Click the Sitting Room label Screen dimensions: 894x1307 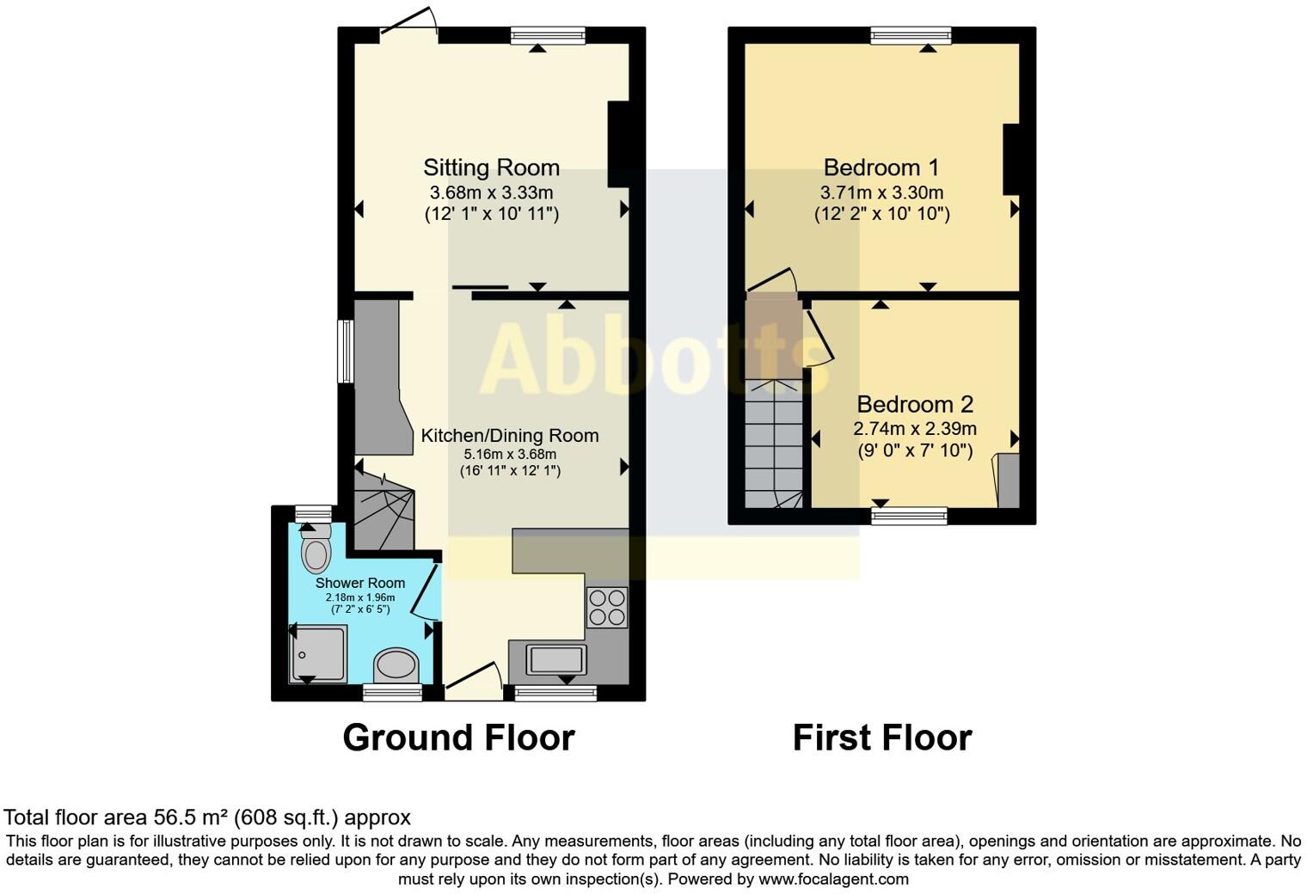pos(491,168)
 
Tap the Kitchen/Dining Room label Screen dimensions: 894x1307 pos(509,436)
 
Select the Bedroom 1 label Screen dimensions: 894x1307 pos(881,168)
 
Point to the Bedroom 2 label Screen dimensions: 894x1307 pos(915,404)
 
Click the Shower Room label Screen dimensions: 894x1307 pos(359,583)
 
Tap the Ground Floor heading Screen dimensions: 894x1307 pos(458,738)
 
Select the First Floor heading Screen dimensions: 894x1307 pos(881,738)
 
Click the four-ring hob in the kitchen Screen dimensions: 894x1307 pos(606,608)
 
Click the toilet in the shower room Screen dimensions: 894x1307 pos(316,550)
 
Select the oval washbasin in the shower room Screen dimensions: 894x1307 pos(396,665)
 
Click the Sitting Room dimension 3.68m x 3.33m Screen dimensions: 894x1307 pos(491,193)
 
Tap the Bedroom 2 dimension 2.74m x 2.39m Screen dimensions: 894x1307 pos(915,429)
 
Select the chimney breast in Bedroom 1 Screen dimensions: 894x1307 pos(1010,159)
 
